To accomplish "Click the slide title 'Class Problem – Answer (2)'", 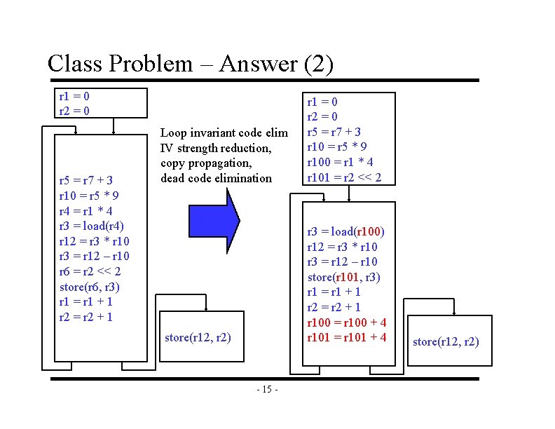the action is click(190, 64).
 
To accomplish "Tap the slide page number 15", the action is click(268, 389).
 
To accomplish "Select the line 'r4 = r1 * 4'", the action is click(87, 210).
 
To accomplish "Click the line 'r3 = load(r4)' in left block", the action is click(92, 225).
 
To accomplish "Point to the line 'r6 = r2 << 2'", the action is click(90, 271).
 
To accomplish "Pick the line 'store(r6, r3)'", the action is click(90, 286).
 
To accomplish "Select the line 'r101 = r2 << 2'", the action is click(344, 177).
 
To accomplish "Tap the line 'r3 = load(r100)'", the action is click(346, 231).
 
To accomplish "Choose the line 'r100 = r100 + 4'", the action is click(347, 322).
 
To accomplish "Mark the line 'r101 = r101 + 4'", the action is click(347, 337).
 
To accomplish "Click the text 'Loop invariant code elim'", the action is click(224, 132).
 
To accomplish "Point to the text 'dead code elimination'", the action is click(216, 178).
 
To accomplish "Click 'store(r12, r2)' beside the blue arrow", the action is click(198, 337).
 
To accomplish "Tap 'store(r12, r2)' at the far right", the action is click(446, 341).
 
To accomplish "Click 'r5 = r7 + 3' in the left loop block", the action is click(87, 179).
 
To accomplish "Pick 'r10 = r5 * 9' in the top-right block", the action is click(337, 147).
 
